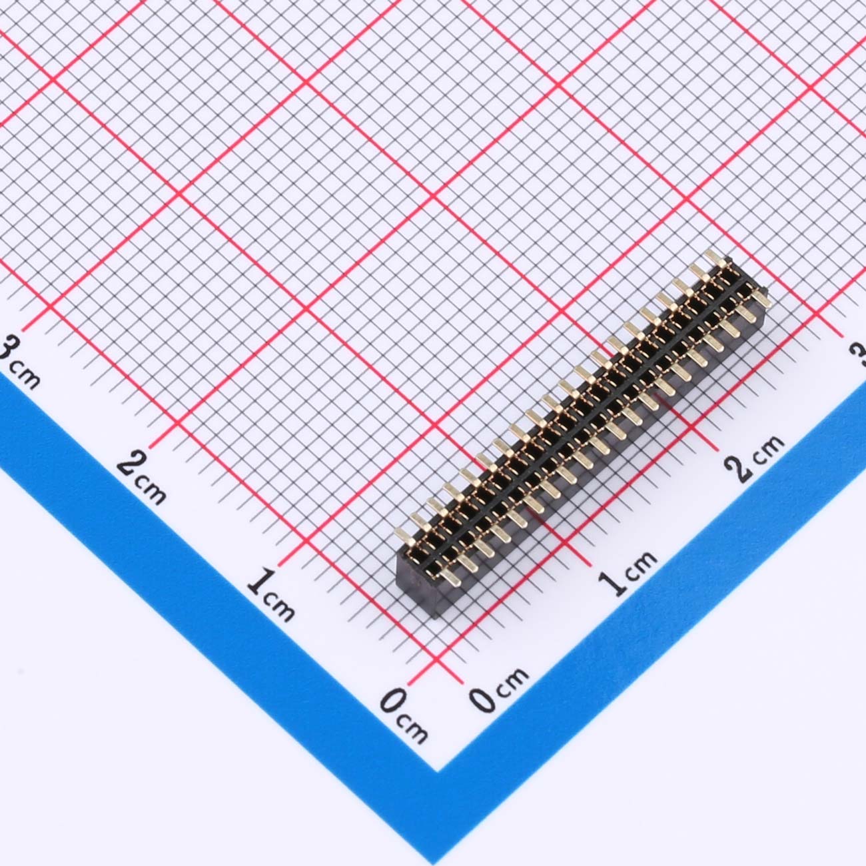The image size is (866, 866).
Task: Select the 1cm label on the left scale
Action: pos(270,595)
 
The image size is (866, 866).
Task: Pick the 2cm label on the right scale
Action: pos(755,458)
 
